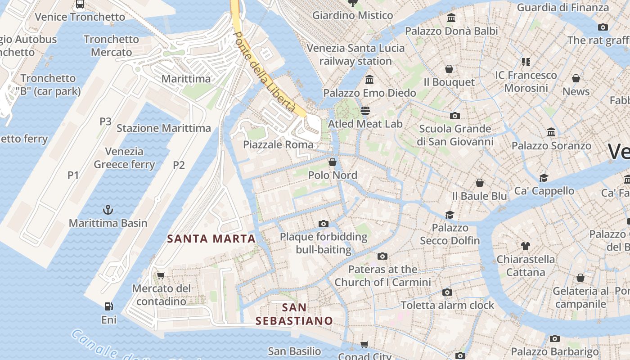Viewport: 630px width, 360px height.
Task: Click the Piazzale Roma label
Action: (278, 144)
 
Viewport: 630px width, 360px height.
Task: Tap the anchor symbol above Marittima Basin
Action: (108, 210)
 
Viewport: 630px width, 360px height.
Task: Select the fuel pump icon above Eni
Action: (108, 306)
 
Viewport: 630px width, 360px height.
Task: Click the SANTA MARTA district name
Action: (211, 238)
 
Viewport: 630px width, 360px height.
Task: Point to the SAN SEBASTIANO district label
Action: (294, 314)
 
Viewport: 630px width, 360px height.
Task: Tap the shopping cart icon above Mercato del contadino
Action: (161, 275)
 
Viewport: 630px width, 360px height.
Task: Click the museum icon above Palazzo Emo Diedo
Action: (369, 80)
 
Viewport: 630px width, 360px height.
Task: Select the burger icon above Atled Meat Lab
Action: (365, 110)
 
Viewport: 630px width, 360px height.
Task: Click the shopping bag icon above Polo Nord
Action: (333, 162)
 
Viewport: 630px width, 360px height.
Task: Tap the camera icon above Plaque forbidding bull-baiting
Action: (323, 224)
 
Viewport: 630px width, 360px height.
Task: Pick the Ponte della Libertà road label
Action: (265, 72)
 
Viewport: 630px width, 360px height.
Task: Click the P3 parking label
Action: (105, 121)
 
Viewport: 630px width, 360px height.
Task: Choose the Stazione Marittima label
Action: (164, 128)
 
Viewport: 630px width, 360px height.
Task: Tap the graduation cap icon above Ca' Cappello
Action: (544, 178)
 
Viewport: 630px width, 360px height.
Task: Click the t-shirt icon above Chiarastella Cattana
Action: (525, 246)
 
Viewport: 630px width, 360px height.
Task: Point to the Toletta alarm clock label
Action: (447, 305)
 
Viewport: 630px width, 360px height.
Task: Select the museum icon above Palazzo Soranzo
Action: (551, 132)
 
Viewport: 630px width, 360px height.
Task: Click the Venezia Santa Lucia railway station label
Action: (355, 54)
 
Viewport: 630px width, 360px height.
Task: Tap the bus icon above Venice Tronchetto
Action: (80, 4)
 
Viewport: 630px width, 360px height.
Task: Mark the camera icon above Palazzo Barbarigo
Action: (555, 338)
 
